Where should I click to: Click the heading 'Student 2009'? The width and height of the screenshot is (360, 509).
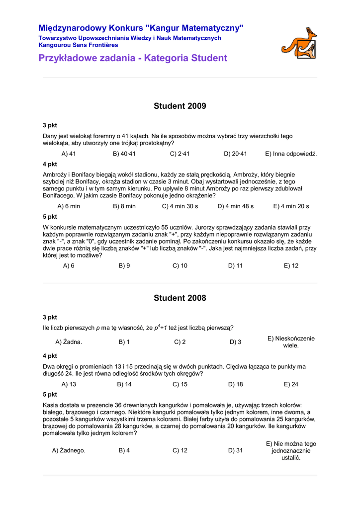(180, 106)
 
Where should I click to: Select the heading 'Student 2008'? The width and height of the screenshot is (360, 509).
(180, 298)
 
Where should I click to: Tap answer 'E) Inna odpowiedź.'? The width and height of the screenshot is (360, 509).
(291, 154)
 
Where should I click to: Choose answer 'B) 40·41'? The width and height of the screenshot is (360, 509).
(124, 154)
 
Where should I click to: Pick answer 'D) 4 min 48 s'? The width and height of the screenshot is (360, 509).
(236, 206)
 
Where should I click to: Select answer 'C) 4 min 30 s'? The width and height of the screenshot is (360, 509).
(180, 206)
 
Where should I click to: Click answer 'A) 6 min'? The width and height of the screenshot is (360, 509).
(69, 206)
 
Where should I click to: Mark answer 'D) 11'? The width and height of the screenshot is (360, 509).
(236, 266)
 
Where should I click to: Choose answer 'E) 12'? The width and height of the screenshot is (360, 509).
(291, 266)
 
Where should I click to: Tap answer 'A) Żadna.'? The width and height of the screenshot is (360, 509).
(69, 342)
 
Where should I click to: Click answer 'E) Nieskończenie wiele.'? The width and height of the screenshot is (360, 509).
(291, 342)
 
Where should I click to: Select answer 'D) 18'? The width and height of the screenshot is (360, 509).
(236, 384)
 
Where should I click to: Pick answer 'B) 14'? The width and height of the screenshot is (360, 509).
(124, 384)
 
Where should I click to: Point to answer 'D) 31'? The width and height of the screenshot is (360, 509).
(236, 450)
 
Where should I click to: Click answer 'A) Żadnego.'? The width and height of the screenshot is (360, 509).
(69, 450)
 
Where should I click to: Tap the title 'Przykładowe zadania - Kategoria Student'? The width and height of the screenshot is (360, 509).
(133, 58)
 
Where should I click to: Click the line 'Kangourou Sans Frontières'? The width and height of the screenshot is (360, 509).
(78, 45)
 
